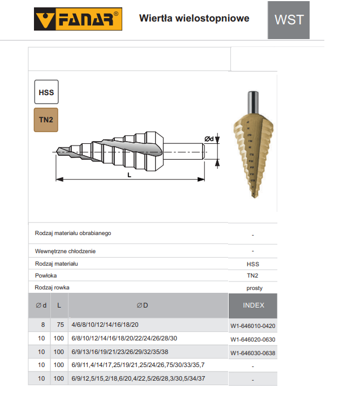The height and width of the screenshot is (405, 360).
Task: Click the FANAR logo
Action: point(78,19)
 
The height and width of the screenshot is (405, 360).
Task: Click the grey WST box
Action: point(289,20)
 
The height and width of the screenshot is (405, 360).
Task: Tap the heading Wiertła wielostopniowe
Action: point(194,18)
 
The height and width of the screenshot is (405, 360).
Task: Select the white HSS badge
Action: point(46,92)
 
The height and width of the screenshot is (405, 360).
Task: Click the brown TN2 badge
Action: point(46,120)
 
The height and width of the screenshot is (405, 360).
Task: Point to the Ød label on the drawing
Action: point(209,139)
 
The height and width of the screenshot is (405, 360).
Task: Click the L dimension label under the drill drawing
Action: point(129,175)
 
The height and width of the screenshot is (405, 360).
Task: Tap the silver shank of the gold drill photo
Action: point(253,103)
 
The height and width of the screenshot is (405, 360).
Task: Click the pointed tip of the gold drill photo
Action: point(255,197)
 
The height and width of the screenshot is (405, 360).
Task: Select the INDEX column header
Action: point(254,305)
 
